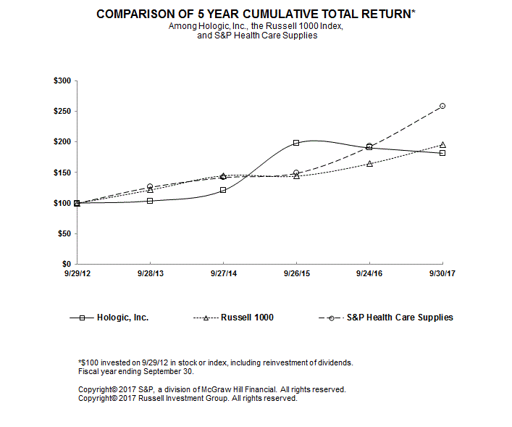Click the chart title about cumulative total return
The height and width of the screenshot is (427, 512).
coord(256,14)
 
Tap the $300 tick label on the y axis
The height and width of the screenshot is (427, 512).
coord(62,80)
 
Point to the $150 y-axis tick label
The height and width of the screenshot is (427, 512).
coord(62,173)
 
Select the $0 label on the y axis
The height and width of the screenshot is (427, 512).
coord(66,264)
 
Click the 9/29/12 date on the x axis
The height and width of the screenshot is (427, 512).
coord(77,274)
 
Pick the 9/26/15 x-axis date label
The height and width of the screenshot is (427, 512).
coord(296,274)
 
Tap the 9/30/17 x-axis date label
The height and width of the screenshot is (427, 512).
coord(442,274)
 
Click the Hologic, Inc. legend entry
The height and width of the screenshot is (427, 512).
coord(122,318)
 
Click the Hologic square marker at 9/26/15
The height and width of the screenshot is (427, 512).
coord(296,143)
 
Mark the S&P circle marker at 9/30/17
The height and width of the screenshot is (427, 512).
coord(442,106)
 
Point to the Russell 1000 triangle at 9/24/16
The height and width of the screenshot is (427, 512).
coord(369,164)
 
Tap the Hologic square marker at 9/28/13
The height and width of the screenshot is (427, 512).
coord(150,200)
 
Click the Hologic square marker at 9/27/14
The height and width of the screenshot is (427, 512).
coord(223,190)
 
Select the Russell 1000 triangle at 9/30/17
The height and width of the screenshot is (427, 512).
coord(442,144)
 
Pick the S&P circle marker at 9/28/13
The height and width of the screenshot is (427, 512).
coord(150,186)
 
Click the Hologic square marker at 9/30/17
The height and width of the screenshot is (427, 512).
coord(442,153)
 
